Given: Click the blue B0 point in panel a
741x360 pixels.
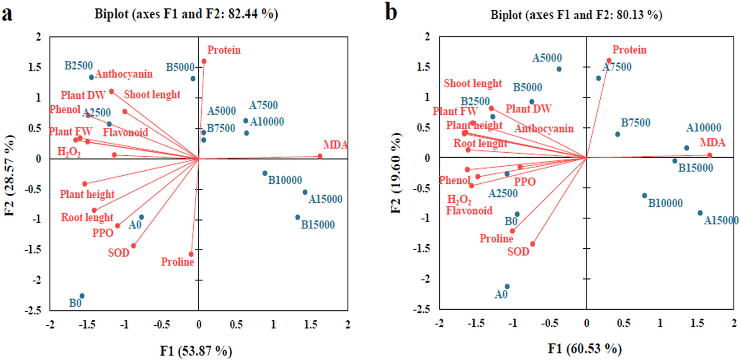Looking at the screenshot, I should [x=82, y=296].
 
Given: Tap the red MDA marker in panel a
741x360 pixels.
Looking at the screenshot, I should [x=320, y=156].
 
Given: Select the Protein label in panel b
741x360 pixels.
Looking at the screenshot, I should [x=629, y=50].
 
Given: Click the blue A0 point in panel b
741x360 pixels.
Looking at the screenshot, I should [x=507, y=287].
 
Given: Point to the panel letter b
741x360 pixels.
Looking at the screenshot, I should [x=391, y=13].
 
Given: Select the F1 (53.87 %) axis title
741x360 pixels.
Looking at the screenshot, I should [x=196, y=351].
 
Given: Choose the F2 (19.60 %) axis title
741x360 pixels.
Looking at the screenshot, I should [x=396, y=173].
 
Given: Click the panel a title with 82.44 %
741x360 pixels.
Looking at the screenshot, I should [x=186, y=14].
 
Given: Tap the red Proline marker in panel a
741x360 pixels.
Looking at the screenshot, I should [x=191, y=254].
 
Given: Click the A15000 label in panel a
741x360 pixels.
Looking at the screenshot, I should [x=325, y=199].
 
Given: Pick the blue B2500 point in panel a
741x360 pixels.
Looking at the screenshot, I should [x=91, y=77].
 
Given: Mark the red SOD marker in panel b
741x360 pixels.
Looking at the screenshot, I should [x=533, y=244].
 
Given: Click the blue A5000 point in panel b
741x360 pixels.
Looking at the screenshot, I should [x=559, y=69].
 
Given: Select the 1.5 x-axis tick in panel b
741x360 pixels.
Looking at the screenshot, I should [x=697, y=323].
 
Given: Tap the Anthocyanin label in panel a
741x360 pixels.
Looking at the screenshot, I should [x=123, y=74].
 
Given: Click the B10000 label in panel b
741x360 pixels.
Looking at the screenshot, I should [x=665, y=203].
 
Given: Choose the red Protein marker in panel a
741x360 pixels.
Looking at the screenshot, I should [x=204, y=61].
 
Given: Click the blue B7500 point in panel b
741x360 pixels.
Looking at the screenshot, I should [x=617, y=134].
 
